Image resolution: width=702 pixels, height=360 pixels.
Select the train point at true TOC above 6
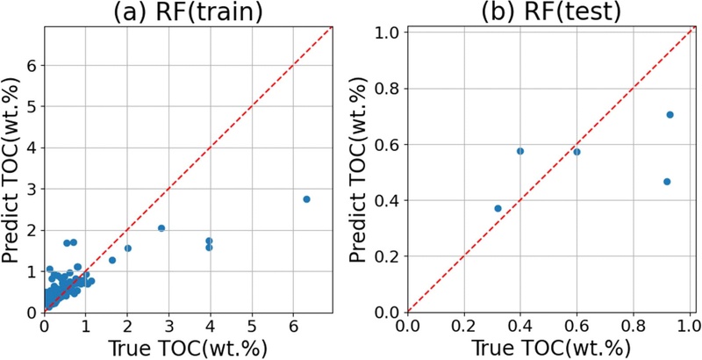click(x=306, y=199)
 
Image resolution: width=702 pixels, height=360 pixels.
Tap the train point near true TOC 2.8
click(x=161, y=228)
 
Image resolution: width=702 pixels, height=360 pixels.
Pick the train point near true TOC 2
click(x=128, y=248)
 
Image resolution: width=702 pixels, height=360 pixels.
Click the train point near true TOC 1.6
click(x=112, y=260)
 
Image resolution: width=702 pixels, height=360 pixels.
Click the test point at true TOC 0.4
click(x=520, y=151)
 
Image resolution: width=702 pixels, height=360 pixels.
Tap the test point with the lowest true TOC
click(x=498, y=208)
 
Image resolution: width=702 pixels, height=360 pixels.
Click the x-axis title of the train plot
click(x=188, y=347)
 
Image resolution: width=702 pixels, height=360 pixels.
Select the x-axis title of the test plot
click(x=551, y=347)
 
